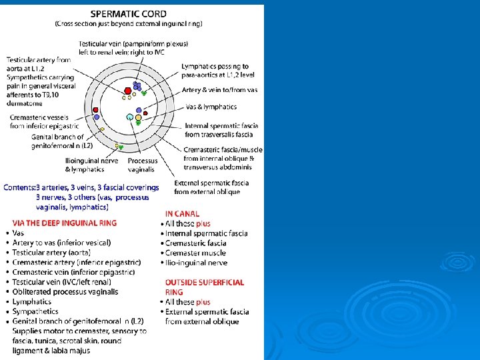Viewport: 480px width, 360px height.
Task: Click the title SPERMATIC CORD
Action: [128, 13]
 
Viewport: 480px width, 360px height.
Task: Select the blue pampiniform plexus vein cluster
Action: [137, 86]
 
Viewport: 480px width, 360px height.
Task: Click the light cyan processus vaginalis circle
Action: [130, 117]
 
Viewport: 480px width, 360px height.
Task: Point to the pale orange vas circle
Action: [139, 117]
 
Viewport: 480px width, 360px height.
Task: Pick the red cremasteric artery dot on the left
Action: [96, 110]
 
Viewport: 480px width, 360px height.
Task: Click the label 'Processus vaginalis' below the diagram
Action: [143, 165]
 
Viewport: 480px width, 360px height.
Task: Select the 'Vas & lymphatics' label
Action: [210, 107]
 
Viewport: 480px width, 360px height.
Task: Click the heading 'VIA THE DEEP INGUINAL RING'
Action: [65, 223]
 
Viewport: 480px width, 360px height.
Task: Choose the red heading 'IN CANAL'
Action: [182, 214]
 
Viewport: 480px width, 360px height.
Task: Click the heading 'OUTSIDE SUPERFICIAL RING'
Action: [204, 287]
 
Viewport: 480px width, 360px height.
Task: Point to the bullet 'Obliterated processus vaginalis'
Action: [65, 291]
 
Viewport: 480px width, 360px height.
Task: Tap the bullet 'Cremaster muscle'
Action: [195, 253]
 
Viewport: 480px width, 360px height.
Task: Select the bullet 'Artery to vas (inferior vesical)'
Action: [61, 243]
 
